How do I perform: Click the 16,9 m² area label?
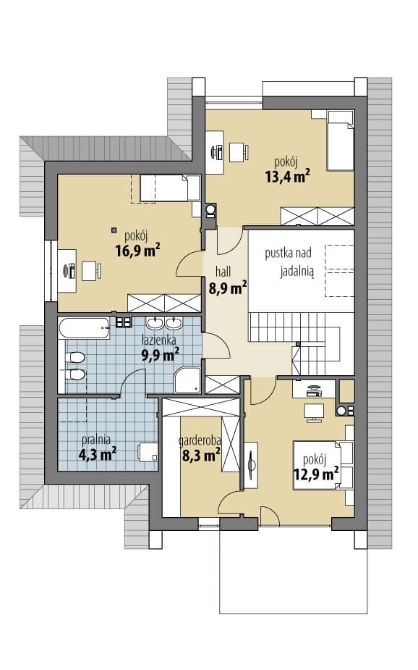[x=138, y=250]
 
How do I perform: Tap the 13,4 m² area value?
[x=288, y=175]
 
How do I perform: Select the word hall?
[x=223, y=271]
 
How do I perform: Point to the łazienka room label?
[x=158, y=340]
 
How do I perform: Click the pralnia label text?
[x=96, y=439]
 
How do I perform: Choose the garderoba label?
[x=200, y=440]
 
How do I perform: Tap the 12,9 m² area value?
[x=316, y=474]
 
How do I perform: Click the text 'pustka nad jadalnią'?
[x=289, y=262]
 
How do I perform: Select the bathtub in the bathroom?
[x=84, y=328]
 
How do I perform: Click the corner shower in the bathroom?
[x=188, y=380]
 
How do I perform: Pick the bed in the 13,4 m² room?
[x=341, y=140]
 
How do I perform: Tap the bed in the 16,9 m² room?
[x=170, y=188]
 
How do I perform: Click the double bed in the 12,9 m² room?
[x=323, y=465]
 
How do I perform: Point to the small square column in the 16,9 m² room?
[x=114, y=230]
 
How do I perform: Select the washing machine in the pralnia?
[x=148, y=452]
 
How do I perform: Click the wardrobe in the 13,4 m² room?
[x=317, y=217]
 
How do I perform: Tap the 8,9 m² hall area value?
[x=228, y=288]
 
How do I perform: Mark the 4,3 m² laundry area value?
[x=98, y=454]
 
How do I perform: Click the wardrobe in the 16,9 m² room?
[x=164, y=303]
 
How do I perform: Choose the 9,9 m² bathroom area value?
[x=160, y=354]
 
